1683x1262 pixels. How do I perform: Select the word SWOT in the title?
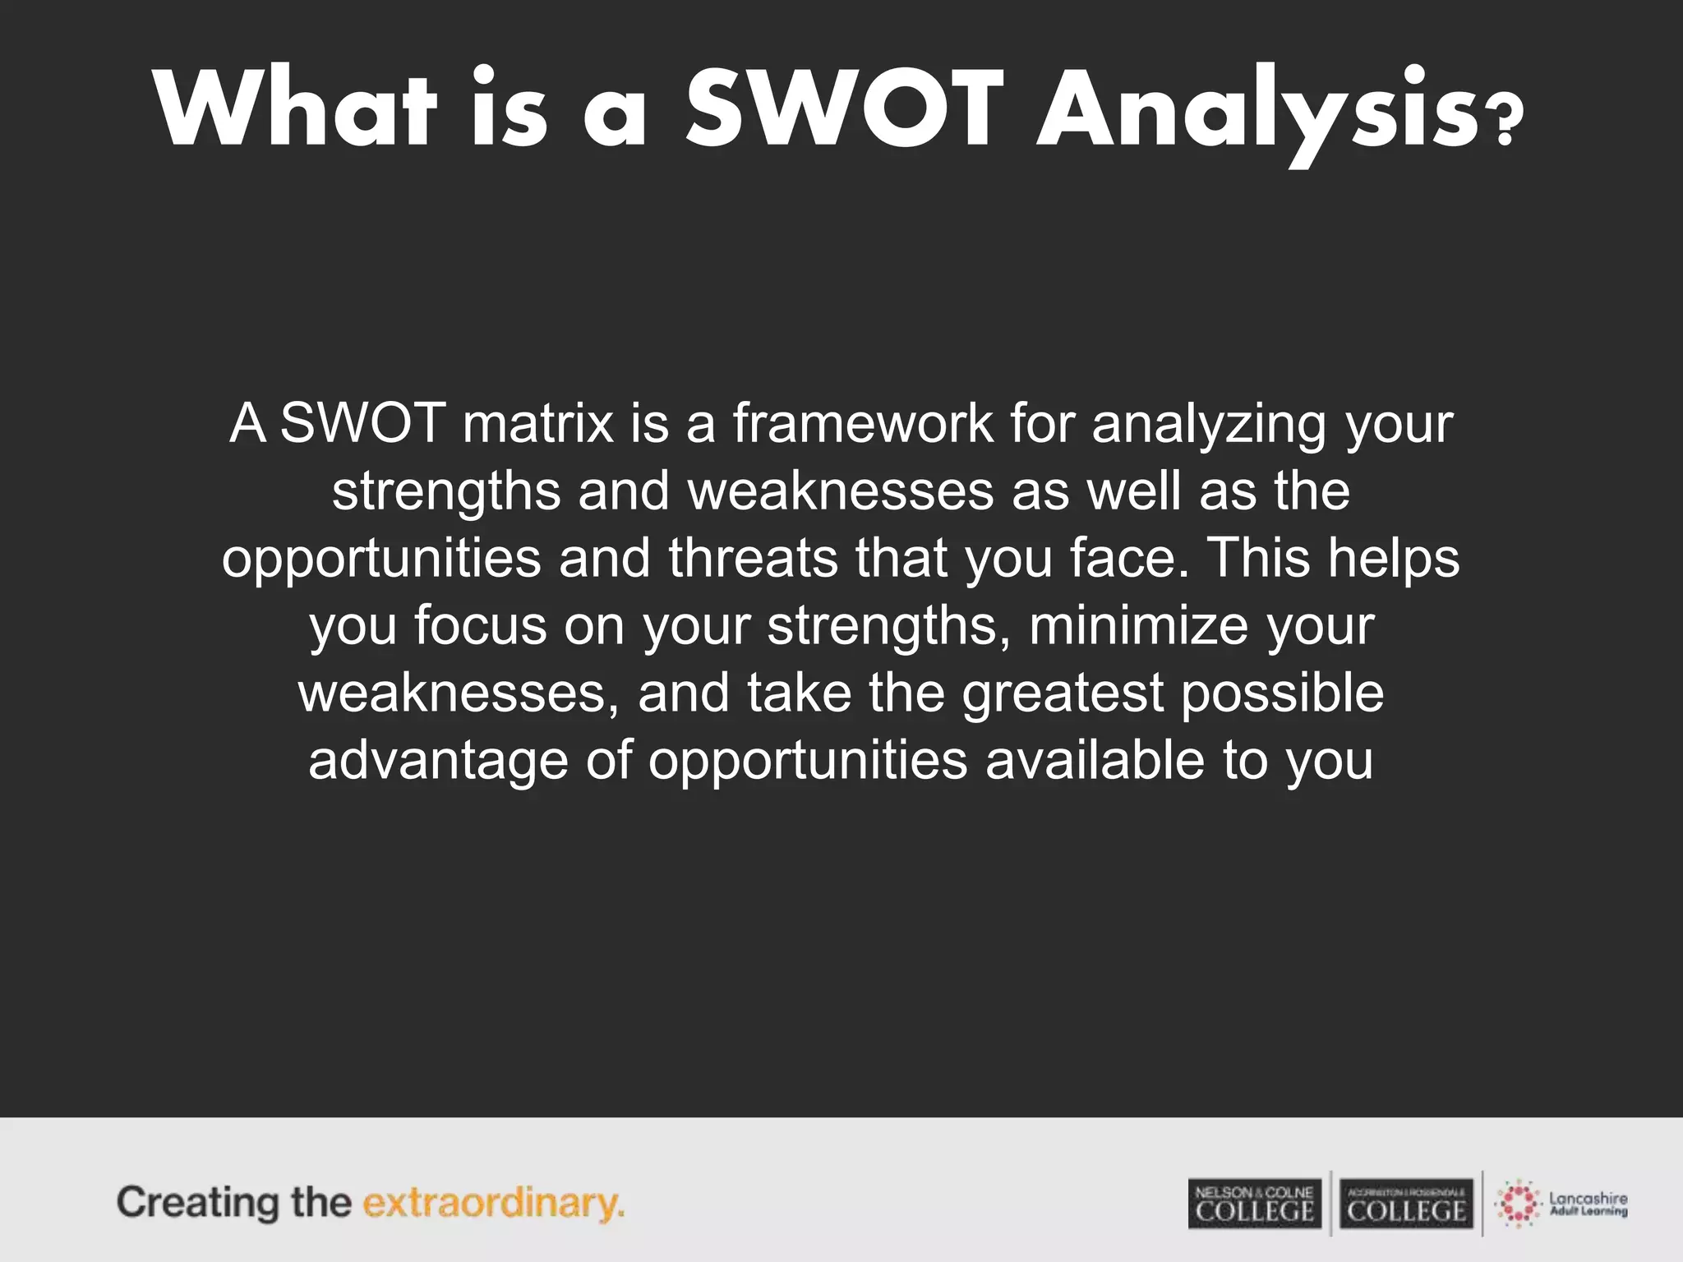coord(845,110)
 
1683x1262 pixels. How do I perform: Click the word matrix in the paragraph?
coord(538,424)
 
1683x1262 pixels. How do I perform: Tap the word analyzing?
coord(1209,424)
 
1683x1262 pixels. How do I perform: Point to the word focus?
coord(480,626)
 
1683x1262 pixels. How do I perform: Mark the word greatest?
coord(1063,693)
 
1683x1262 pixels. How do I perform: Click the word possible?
coord(1283,693)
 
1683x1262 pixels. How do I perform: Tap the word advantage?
coord(438,761)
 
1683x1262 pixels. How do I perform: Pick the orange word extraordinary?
coord(493,1204)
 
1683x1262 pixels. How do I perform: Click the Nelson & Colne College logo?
coord(1254,1204)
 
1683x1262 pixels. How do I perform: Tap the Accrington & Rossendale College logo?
coord(1406,1204)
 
